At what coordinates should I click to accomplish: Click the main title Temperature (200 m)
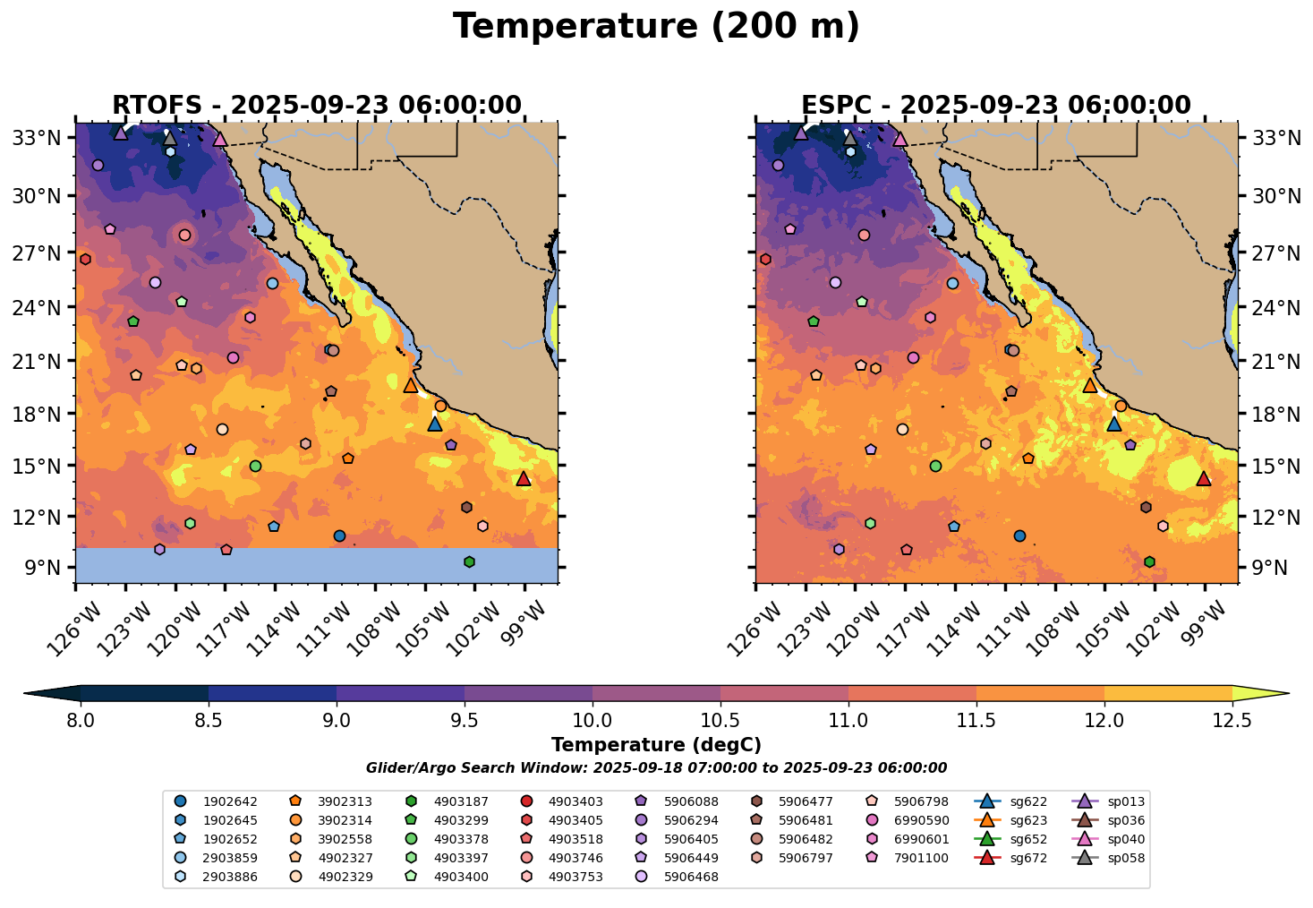656,27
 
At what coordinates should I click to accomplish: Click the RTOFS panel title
316,106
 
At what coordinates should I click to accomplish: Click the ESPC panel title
996,106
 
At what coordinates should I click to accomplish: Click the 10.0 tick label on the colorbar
593,721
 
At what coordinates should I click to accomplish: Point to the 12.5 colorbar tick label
1232,721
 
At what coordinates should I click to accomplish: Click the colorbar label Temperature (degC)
656,745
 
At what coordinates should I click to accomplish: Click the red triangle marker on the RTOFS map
524,479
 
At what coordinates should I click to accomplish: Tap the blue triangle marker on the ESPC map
1114,424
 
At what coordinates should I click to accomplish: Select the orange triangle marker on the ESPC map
1090,385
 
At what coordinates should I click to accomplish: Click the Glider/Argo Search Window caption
656,768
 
